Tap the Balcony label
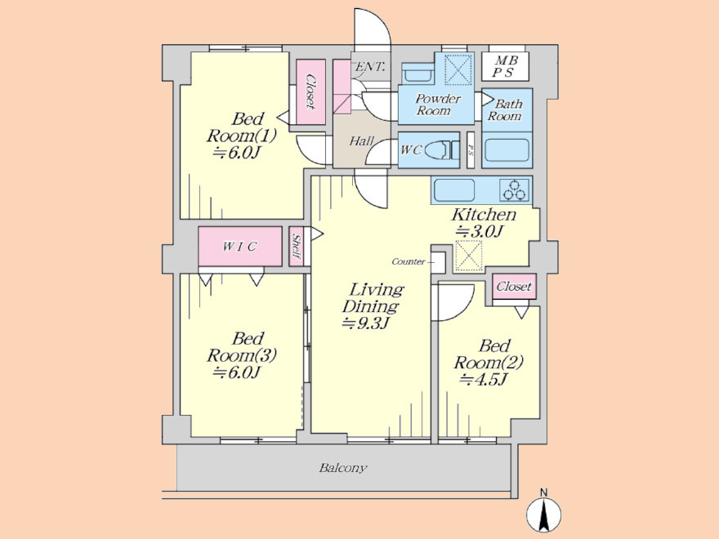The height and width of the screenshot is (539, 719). point(343,468)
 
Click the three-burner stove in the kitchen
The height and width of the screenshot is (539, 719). point(515,189)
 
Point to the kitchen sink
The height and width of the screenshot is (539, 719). point(454,189)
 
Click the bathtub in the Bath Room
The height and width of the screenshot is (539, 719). point(507,150)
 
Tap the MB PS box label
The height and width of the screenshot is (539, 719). point(505,66)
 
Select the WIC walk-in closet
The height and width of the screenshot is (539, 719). point(240,246)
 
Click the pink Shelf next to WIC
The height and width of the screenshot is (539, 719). point(297,247)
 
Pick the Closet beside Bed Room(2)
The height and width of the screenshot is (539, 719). point(514,287)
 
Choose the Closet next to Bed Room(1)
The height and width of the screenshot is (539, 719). point(310,92)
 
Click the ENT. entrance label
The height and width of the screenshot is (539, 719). point(370,67)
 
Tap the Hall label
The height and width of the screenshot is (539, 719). point(361,140)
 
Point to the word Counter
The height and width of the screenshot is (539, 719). point(408,261)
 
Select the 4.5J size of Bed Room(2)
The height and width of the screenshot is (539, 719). point(484,380)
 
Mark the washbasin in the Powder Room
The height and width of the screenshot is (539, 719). point(417,73)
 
